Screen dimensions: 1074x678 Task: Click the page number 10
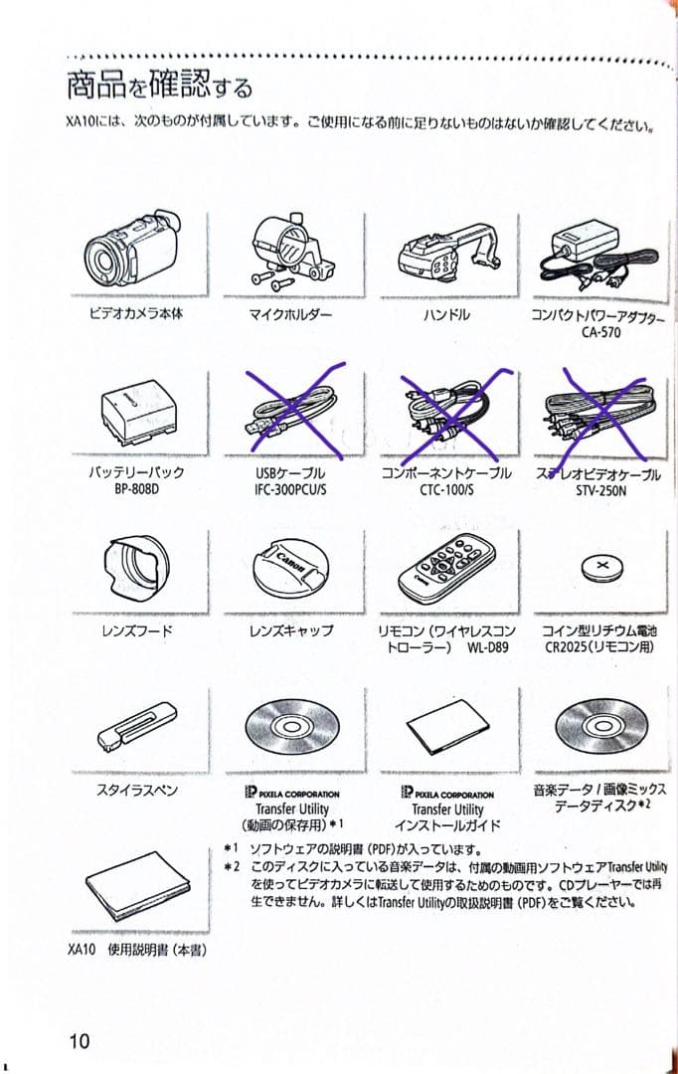[80, 1041]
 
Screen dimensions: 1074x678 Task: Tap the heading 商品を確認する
[159, 87]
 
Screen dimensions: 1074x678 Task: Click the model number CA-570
[600, 332]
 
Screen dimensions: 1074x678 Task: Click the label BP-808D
[136, 490]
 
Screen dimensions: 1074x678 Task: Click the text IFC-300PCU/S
[290, 490]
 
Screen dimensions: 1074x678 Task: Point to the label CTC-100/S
[446, 490]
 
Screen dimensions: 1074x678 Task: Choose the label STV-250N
[600, 490]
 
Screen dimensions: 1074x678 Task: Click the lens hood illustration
[138, 571]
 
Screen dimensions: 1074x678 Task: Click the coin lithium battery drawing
[600, 569]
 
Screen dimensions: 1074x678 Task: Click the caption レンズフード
[136, 630]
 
